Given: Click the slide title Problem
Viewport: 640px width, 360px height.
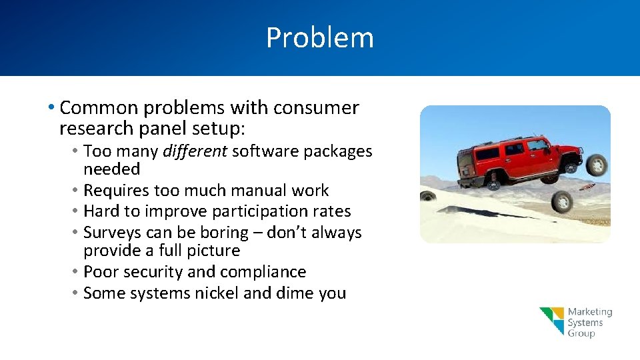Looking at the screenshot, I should (320, 37).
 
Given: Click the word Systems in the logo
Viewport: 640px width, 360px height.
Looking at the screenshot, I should (585, 323).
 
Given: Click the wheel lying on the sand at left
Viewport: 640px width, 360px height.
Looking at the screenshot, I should (427, 197).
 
